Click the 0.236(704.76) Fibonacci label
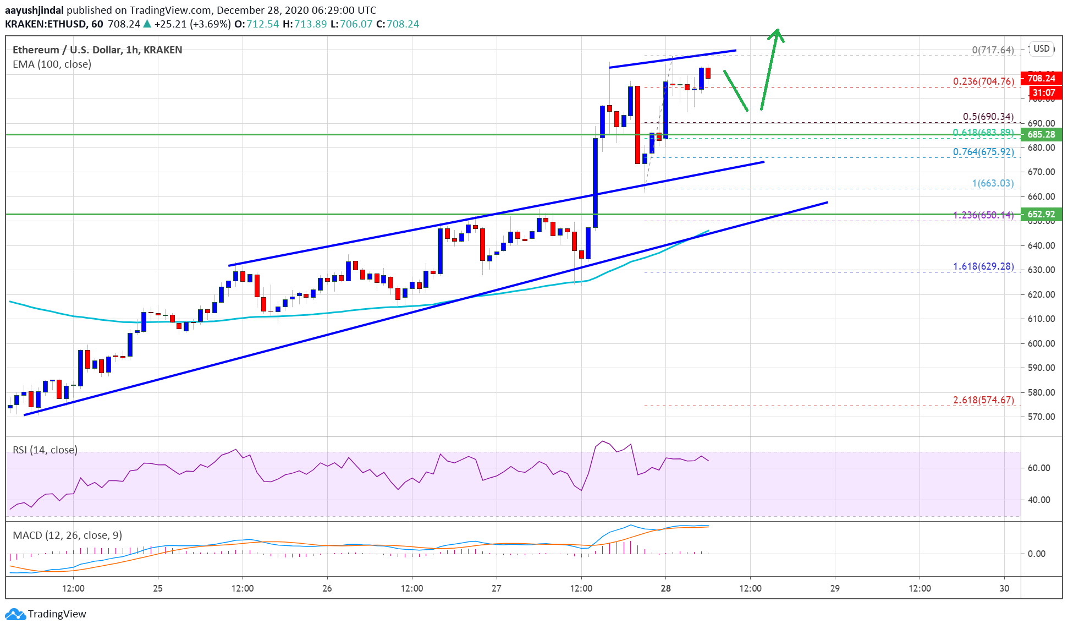[x=983, y=81]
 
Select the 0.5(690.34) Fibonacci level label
[x=988, y=117]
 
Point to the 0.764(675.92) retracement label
[x=983, y=152]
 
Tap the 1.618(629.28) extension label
[x=983, y=266]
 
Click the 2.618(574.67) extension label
[x=983, y=400]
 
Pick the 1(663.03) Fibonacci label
[x=993, y=183]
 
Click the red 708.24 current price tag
[x=1041, y=78]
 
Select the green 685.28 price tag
[x=1041, y=134]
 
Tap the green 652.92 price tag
[x=1041, y=215]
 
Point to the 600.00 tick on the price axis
[x=1041, y=343]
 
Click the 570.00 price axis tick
[x=1041, y=417]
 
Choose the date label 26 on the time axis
[x=327, y=588]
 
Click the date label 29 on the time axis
[x=835, y=588]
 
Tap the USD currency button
[x=1041, y=48]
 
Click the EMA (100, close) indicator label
[x=52, y=64]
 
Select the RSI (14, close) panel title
[x=45, y=450]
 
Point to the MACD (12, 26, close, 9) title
[x=67, y=535]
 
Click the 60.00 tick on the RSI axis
[x=1039, y=468]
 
